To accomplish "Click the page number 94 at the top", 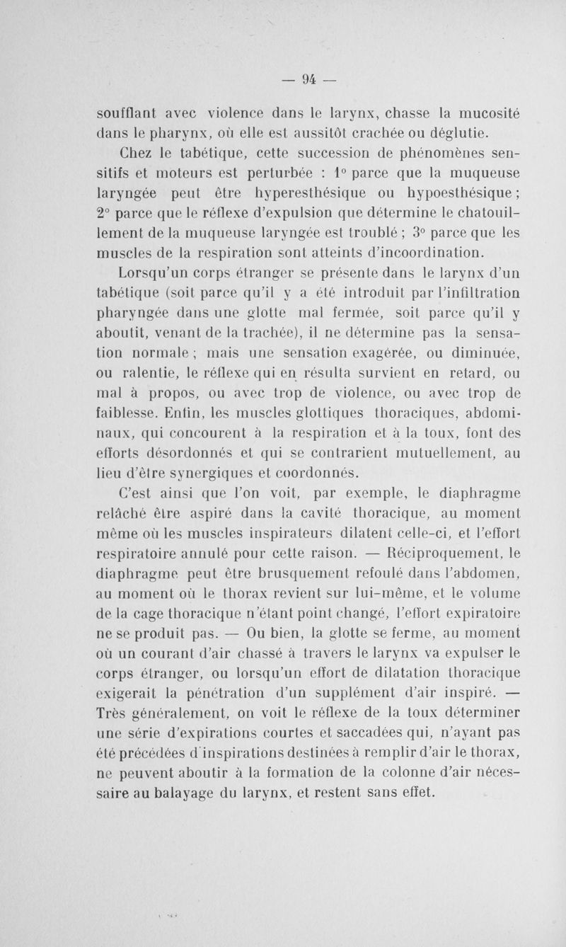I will [307, 79].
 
